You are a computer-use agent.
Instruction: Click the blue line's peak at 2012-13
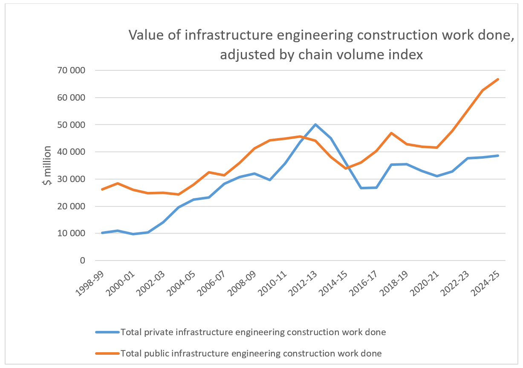[315, 125]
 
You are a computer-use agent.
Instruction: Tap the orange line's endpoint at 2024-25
[498, 79]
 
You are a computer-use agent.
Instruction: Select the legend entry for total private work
[253, 332]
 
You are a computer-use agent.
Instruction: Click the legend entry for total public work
[251, 353]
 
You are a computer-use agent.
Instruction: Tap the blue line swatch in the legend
[107, 332]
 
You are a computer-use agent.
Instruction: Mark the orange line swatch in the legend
[107, 353]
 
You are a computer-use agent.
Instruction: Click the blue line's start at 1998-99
[102, 233]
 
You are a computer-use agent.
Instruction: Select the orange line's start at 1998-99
[102, 189]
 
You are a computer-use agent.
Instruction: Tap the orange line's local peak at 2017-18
[391, 133]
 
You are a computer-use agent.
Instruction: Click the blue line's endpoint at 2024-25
[498, 156]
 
